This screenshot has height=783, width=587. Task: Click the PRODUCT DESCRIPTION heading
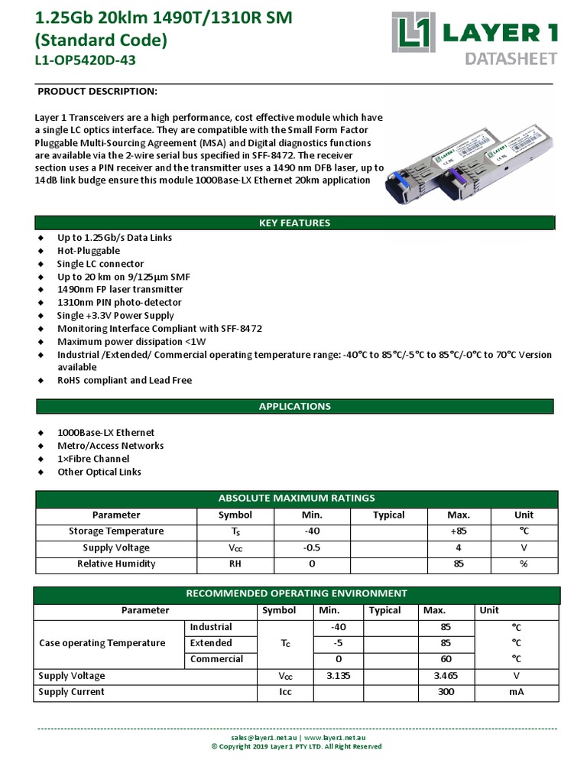tap(97, 92)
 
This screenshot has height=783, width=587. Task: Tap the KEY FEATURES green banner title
tap(294, 223)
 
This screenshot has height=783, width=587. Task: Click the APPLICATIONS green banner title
tap(294, 406)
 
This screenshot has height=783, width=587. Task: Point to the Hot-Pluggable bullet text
tap(89, 251)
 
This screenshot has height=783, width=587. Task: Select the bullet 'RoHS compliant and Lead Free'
tap(125, 380)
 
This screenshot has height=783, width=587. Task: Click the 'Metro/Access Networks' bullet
tap(110, 446)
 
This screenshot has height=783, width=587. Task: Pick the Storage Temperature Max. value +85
tap(458, 531)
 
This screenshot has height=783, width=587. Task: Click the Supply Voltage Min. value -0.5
tap(312, 548)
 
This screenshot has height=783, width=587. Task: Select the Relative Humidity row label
tap(116, 564)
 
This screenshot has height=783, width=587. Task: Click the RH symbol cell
tap(235, 564)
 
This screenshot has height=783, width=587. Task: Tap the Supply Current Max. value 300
tap(446, 692)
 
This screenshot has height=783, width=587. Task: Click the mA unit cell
tap(516, 692)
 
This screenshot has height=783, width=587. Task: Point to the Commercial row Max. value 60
tap(446, 659)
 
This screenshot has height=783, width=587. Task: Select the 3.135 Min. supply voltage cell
tap(338, 676)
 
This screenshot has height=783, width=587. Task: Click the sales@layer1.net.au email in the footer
tap(263, 738)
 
